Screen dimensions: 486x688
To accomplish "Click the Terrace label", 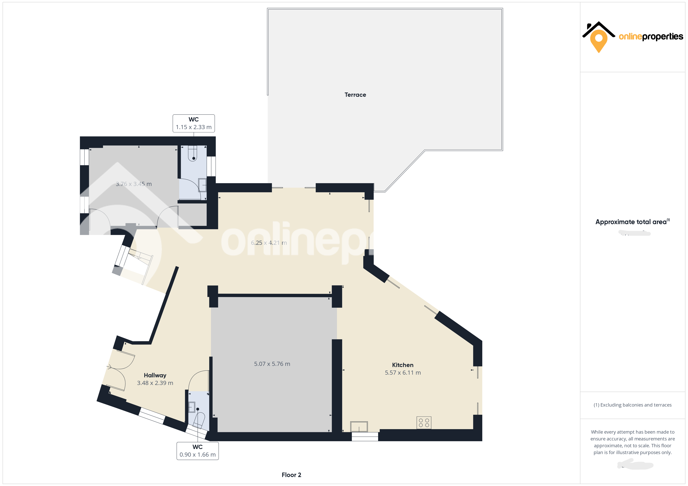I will [x=355, y=95].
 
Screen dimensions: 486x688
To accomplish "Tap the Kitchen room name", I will [x=403, y=365].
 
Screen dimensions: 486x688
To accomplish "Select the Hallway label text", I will [x=155, y=375].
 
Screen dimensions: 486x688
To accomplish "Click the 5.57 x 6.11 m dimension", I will [x=403, y=372].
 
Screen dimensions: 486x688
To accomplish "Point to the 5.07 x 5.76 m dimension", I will [x=272, y=364].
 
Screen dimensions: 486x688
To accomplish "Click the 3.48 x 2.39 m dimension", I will [x=155, y=383].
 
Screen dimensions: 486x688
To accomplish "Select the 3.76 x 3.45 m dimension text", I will [x=134, y=184].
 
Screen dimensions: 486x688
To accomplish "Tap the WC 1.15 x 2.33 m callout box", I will [x=194, y=123].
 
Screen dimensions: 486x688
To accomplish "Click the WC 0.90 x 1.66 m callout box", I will [x=198, y=451].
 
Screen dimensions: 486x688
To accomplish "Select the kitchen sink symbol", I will [x=359, y=426].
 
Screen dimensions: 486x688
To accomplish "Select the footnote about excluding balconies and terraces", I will [x=632, y=405].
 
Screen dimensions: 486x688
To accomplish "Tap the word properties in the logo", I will [x=663, y=37].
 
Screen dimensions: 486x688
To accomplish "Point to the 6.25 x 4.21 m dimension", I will [x=269, y=243].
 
